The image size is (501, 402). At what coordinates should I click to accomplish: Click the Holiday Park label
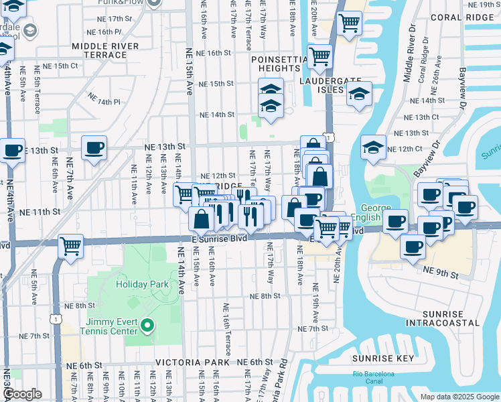(x=142, y=284)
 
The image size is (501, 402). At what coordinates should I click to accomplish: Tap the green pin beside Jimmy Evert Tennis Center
(x=149, y=327)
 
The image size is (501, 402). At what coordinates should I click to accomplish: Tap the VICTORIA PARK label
(x=184, y=362)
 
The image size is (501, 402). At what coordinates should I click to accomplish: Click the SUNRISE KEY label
(x=386, y=359)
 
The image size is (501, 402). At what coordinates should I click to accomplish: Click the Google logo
(x=22, y=394)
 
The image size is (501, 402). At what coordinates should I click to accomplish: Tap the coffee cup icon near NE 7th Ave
(x=94, y=148)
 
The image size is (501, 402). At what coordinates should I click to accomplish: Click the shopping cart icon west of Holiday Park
(x=70, y=246)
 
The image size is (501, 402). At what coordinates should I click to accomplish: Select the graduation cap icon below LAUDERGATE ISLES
(x=360, y=94)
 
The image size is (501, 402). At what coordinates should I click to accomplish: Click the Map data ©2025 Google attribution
(x=459, y=397)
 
